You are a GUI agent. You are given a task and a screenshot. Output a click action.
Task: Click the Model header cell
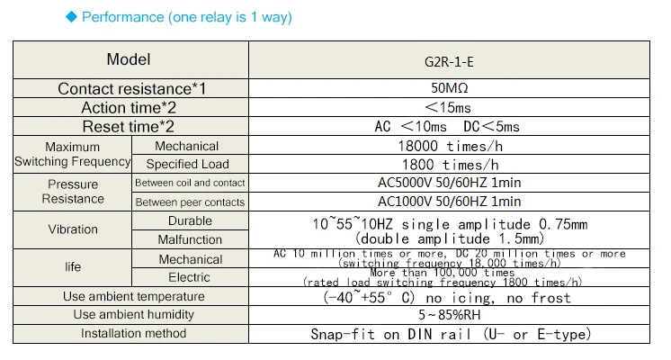[129, 60]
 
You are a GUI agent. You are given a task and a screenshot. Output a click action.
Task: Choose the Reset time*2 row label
[129, 127]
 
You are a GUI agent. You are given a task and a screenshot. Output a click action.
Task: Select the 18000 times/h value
[448, 146]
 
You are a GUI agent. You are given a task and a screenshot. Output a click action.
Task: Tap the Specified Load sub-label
[187, 165]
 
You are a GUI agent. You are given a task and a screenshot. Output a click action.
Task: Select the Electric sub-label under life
[189, 277]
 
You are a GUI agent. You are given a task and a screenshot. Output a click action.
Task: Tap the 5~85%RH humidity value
[449, 315]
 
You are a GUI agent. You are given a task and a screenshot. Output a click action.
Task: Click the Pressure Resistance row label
[73, 192]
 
